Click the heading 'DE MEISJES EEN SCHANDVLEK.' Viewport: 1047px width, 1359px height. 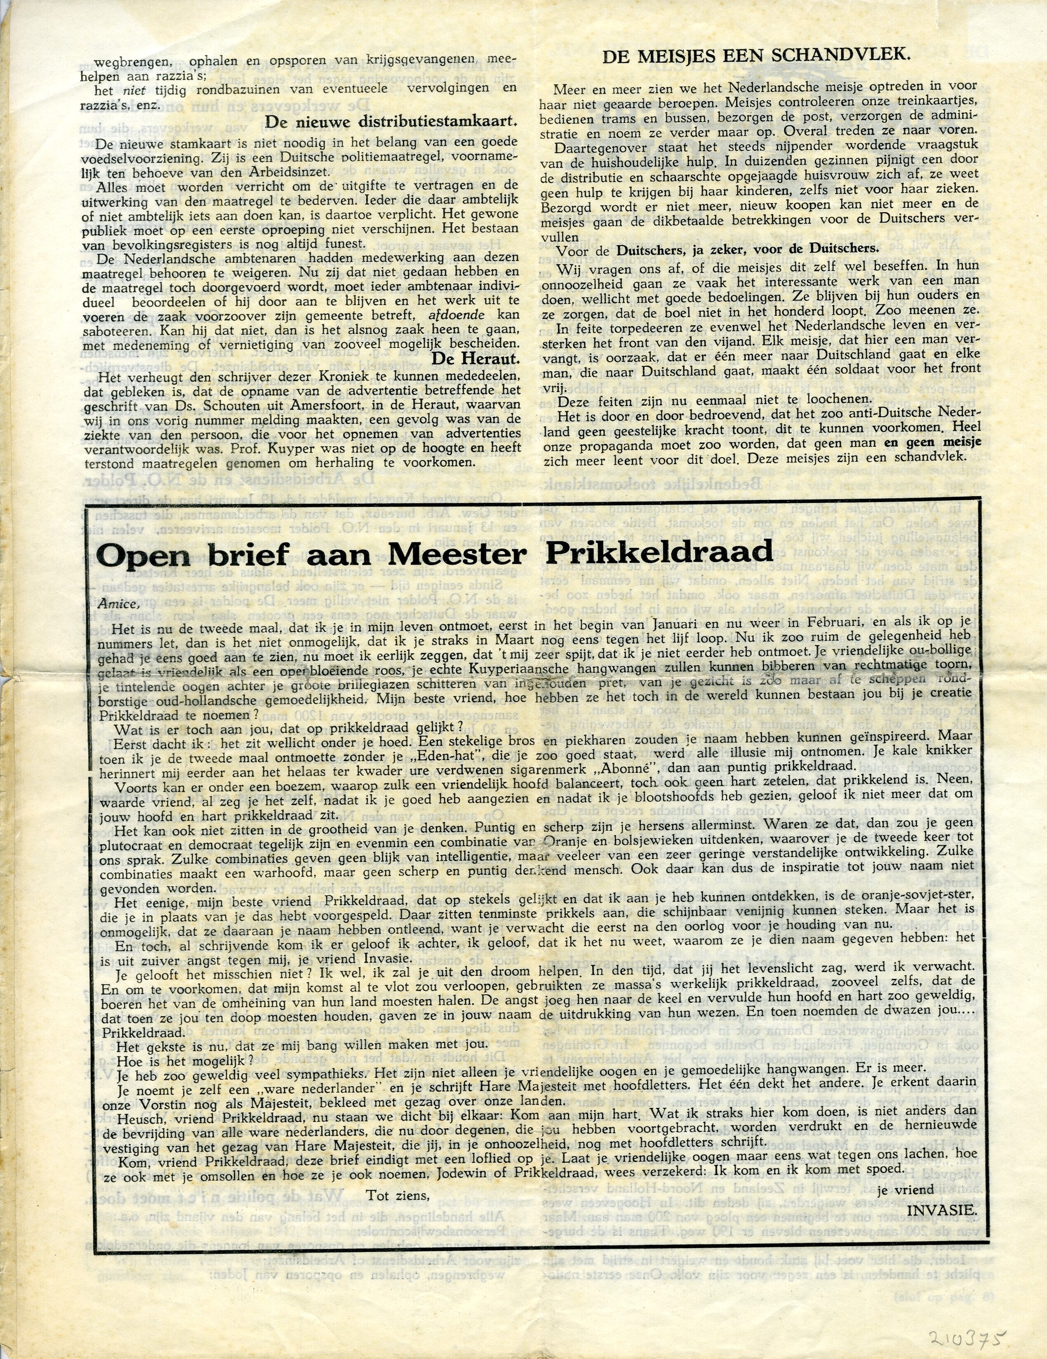pyautogui.click(x=756, y=55)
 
